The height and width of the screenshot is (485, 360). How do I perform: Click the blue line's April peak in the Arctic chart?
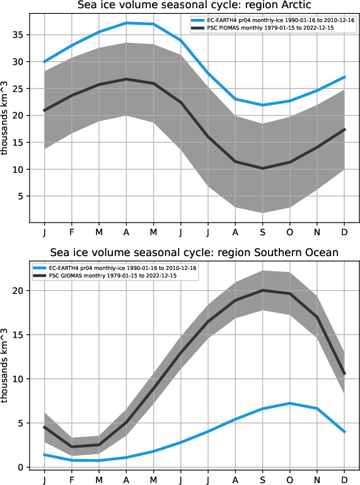[127, 23]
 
